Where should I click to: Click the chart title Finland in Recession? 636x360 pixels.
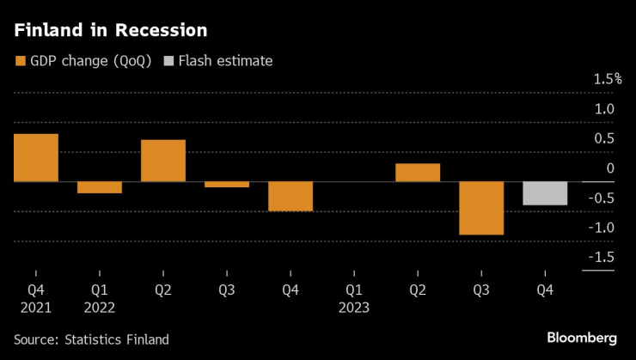(110, 30)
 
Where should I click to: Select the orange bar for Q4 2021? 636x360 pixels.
(36, 158)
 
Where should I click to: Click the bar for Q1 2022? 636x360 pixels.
(100, 187)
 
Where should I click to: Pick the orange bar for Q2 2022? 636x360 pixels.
(163, 161)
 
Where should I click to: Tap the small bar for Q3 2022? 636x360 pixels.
(227, 184)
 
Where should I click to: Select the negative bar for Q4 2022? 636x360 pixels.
(290, 196)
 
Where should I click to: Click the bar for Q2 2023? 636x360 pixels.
(418, 173)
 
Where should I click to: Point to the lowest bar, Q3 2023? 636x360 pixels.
(481, 208)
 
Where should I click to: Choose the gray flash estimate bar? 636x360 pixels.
(545, 193)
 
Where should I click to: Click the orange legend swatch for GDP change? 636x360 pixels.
(21, 60)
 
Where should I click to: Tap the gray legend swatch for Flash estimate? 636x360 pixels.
(168, 60)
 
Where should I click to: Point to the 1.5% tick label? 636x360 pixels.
(607, 79)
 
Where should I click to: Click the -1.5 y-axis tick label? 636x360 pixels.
(603, 257)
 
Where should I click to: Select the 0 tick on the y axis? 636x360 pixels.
(610, 168)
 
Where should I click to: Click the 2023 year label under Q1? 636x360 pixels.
(354, 307)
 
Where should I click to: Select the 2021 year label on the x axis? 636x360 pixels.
(36, 307)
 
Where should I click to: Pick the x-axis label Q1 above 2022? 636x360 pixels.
(100, 290)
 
